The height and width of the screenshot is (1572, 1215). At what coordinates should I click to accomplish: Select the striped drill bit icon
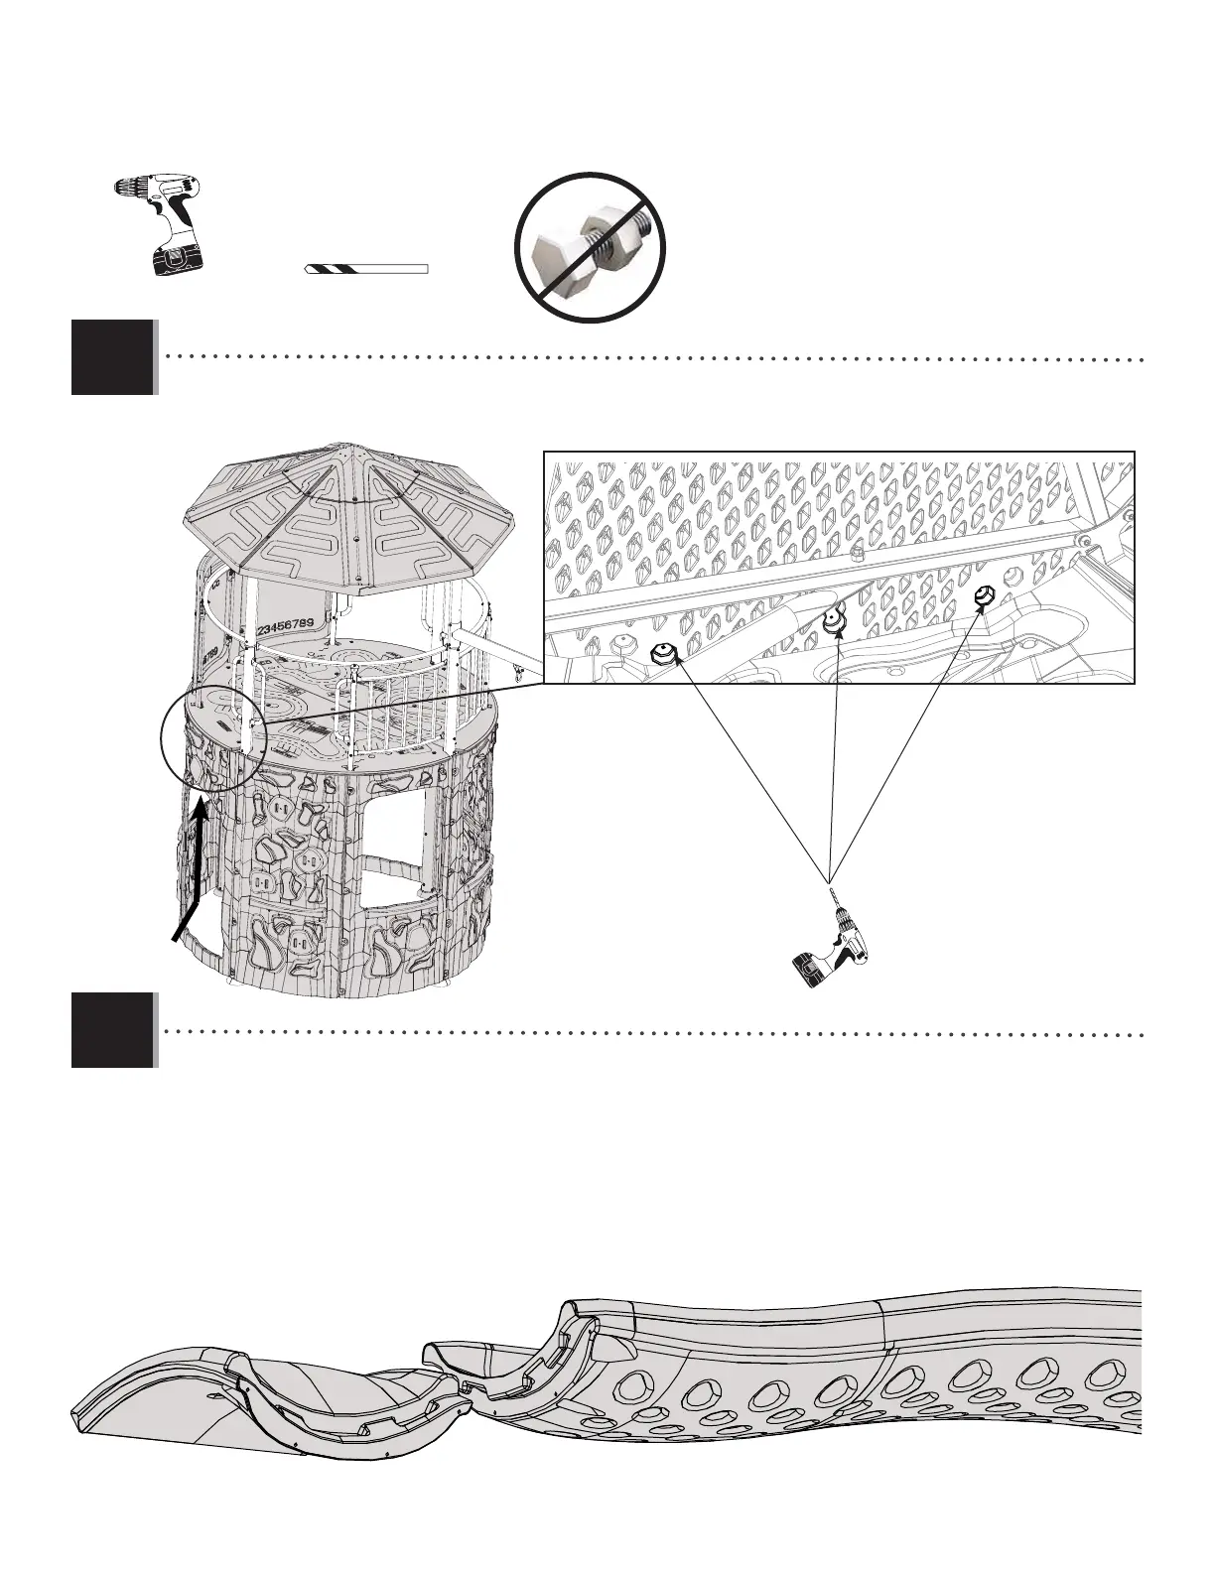click(365, 269)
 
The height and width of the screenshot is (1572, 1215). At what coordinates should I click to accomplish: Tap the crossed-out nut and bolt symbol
click(590, 247)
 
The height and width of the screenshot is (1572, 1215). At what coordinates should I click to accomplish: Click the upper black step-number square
click(113, 356)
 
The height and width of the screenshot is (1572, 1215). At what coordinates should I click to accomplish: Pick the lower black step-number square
click(113, 1030)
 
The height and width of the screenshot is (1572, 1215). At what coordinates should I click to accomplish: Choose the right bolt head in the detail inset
click(984, 597)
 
